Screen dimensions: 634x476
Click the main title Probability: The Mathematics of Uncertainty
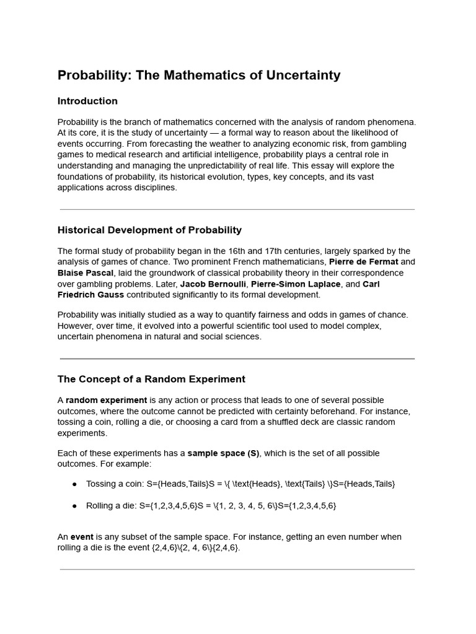(x=199, y=76)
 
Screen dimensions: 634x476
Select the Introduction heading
(x=87, y=101)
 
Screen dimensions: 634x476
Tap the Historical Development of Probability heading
(x=149, y=230)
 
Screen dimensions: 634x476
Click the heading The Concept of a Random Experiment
(x=151, y=379)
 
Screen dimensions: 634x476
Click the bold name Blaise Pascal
(x=86, y=273)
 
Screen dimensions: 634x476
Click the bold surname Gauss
(x=107, y=295)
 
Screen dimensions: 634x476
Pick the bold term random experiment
(x=106, y=400)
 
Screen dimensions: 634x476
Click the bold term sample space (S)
(x=223, y=453)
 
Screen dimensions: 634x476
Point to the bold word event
(x=82, y=537)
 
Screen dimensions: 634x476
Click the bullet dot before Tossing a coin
(x=74, y=484)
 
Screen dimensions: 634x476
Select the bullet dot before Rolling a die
(x=74, y=506)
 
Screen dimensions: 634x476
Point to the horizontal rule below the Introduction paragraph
(x=237, y=209)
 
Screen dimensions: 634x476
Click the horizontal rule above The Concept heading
(x=237, y=358)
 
